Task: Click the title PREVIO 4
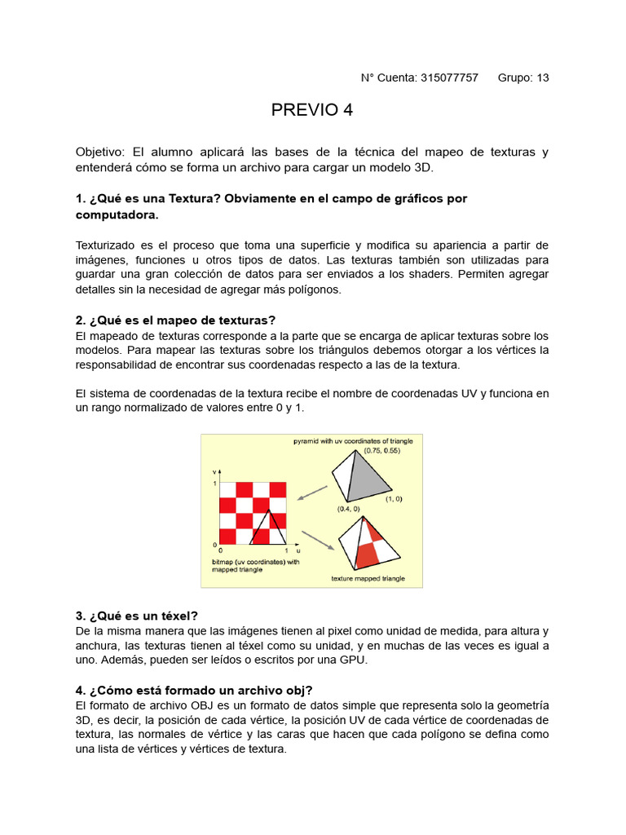coord(312,111)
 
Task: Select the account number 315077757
coord(449,78)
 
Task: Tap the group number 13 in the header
coord(542,78)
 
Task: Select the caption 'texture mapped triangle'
coord(368,579)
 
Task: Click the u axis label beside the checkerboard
coord(298,552)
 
